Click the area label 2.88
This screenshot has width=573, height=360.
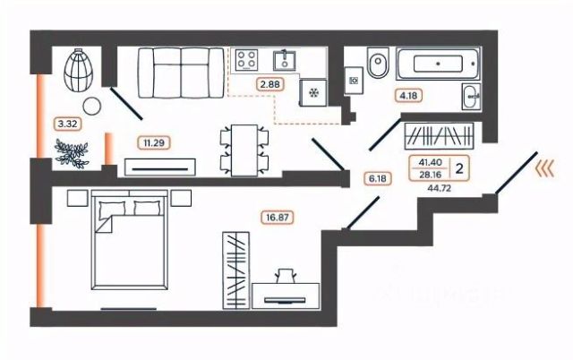pos(268,84)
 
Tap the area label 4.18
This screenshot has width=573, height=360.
pos(409,94)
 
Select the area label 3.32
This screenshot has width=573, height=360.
pos(64,123)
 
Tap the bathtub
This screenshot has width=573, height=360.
pos(435,64)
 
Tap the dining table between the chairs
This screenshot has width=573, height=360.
pos(244,148)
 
